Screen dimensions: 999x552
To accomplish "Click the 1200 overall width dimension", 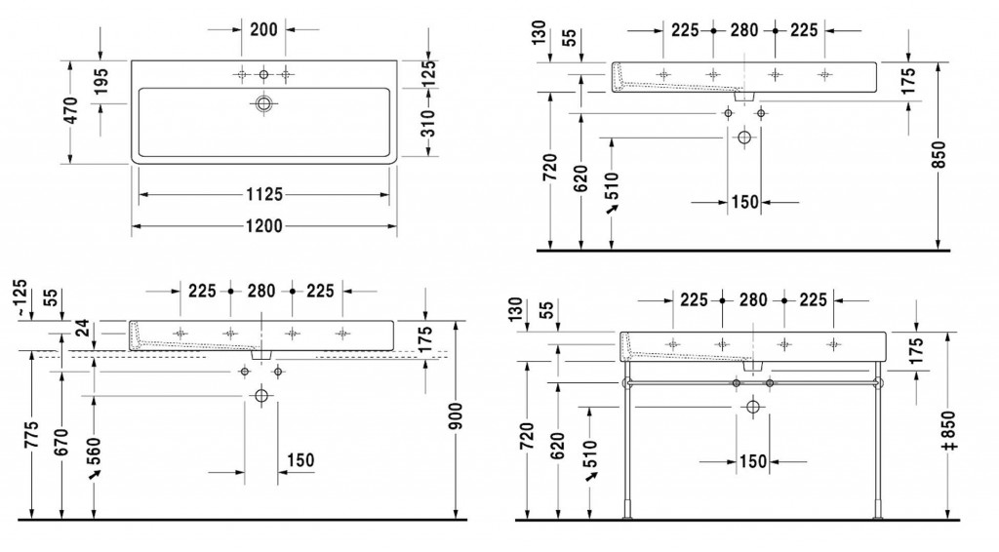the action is (263, 226).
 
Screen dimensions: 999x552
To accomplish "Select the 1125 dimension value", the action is (264, 194).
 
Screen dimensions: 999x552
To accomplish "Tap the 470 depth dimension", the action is (70, 110).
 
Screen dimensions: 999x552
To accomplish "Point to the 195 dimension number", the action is (100, 82).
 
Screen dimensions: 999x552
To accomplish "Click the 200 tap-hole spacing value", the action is (263, 29).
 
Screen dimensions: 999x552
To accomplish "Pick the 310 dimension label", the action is (429, 124).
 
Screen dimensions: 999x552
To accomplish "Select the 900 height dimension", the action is (456, 415).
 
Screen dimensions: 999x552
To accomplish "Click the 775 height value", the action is (32, 434).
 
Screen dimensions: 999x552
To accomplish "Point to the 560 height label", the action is (94, 452).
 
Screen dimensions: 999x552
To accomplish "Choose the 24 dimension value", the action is (83, 329).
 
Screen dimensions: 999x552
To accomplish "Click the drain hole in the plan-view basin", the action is (263, 103).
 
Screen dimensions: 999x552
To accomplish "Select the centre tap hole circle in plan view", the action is (263, 75).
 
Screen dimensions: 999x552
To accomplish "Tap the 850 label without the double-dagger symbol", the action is (939, 155).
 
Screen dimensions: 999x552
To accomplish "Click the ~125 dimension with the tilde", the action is (20, 298).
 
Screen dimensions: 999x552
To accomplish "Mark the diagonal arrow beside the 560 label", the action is (95, 476).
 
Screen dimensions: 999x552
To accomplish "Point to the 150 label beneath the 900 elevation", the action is (300, 459).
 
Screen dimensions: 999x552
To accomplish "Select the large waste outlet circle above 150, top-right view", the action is (744, 137).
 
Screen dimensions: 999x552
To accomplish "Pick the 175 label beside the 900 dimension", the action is (425, 338).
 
